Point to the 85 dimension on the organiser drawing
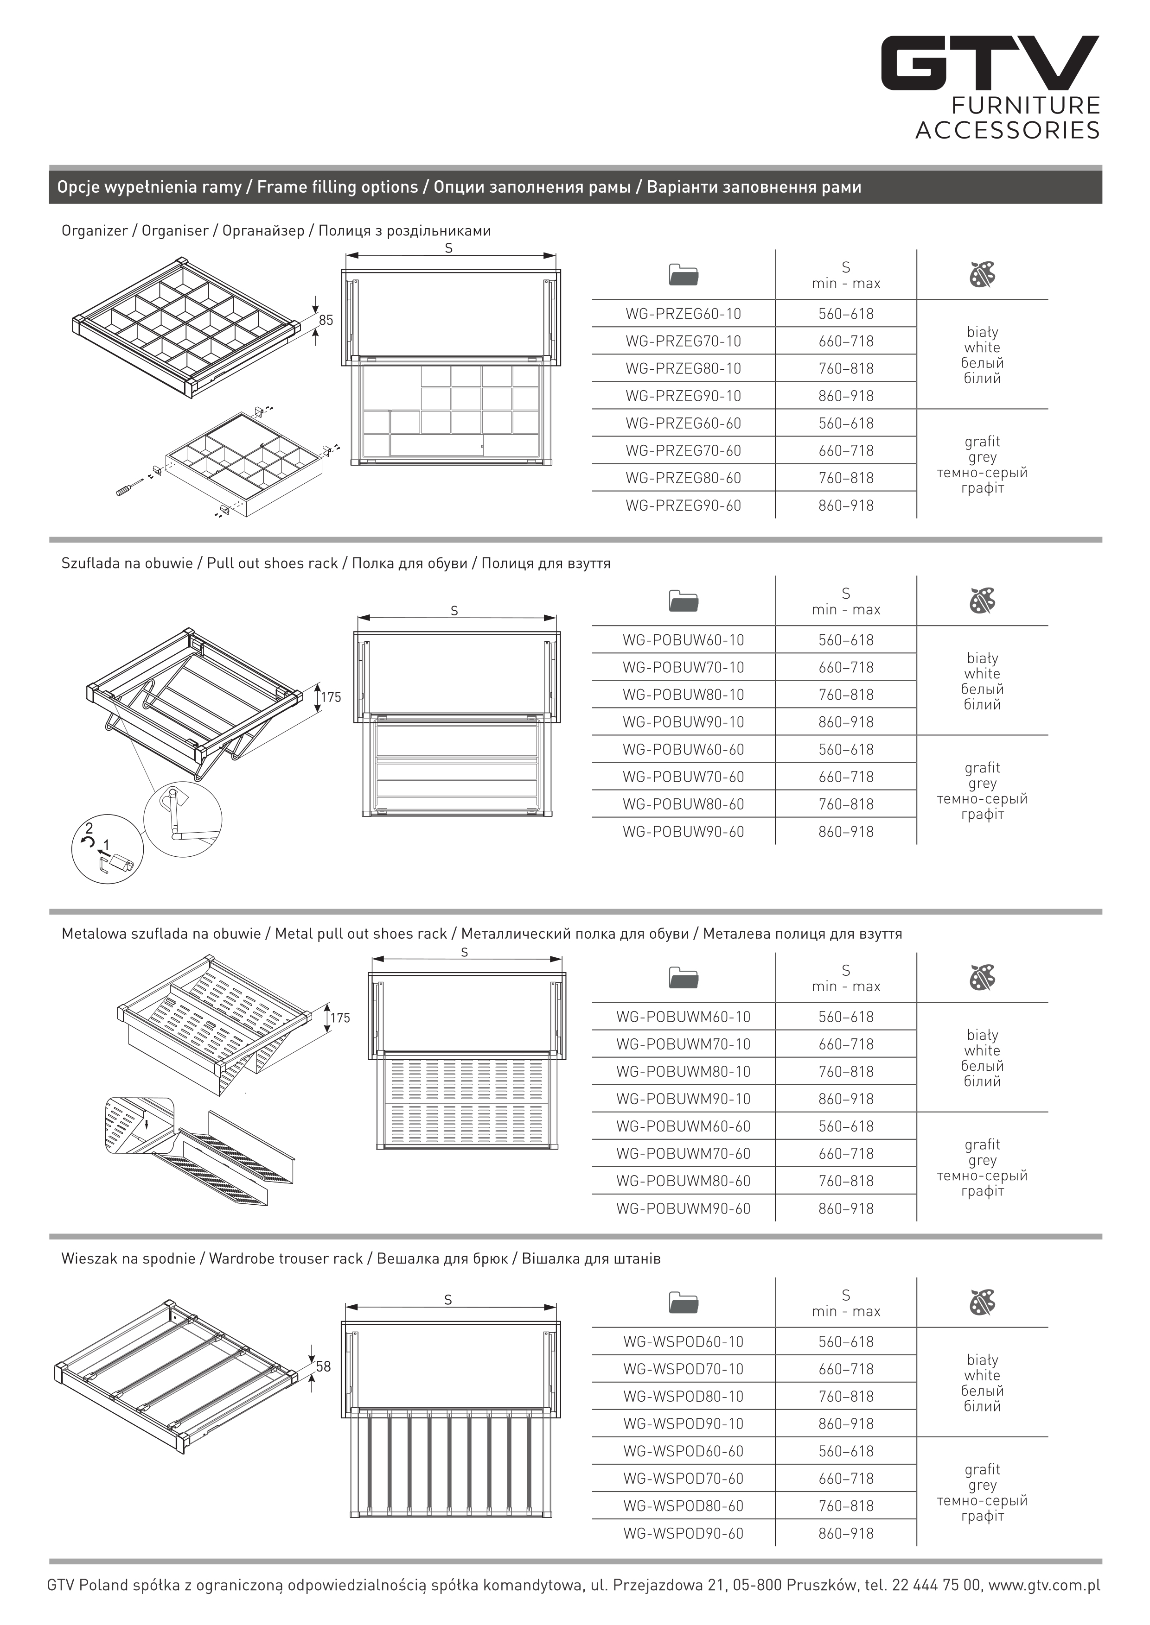pyautogui.click(x=326, y=320)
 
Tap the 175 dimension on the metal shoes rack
pyautogui.click(x=340, y=1018)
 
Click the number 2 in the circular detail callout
pyautogui.click(x=89, y=828)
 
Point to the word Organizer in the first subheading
pyautogui.click(x=94, y=231)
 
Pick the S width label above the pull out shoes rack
pyautogui.click(x=454, y=611)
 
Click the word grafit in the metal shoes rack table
pyautogui.click(x=982, y=1144)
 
